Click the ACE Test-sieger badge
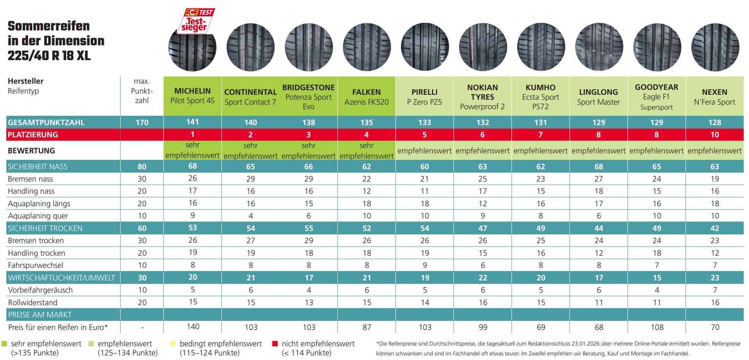click(196, 21)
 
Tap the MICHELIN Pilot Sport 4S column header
click(192, 96)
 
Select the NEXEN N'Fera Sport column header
click(714, 97)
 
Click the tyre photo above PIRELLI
click(425, 47)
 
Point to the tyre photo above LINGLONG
click(599, 47)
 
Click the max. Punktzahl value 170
click(142, 123)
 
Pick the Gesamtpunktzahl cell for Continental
click(251, 123)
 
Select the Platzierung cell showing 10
click(714, 135)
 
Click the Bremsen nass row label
click(30, 179)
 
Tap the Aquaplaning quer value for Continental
click(251, 216)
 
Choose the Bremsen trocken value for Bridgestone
click(309, 241)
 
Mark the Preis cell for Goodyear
click(657, 327)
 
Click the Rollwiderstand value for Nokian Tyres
click(483, 303)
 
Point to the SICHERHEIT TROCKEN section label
click(45, 228)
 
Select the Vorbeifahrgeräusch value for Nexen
click(715, 290)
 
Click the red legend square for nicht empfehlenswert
click(275, 344)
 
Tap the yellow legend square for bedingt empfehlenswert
click(173, 344)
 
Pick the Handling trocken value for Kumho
click(541, 253)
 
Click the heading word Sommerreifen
click(49, 26)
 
